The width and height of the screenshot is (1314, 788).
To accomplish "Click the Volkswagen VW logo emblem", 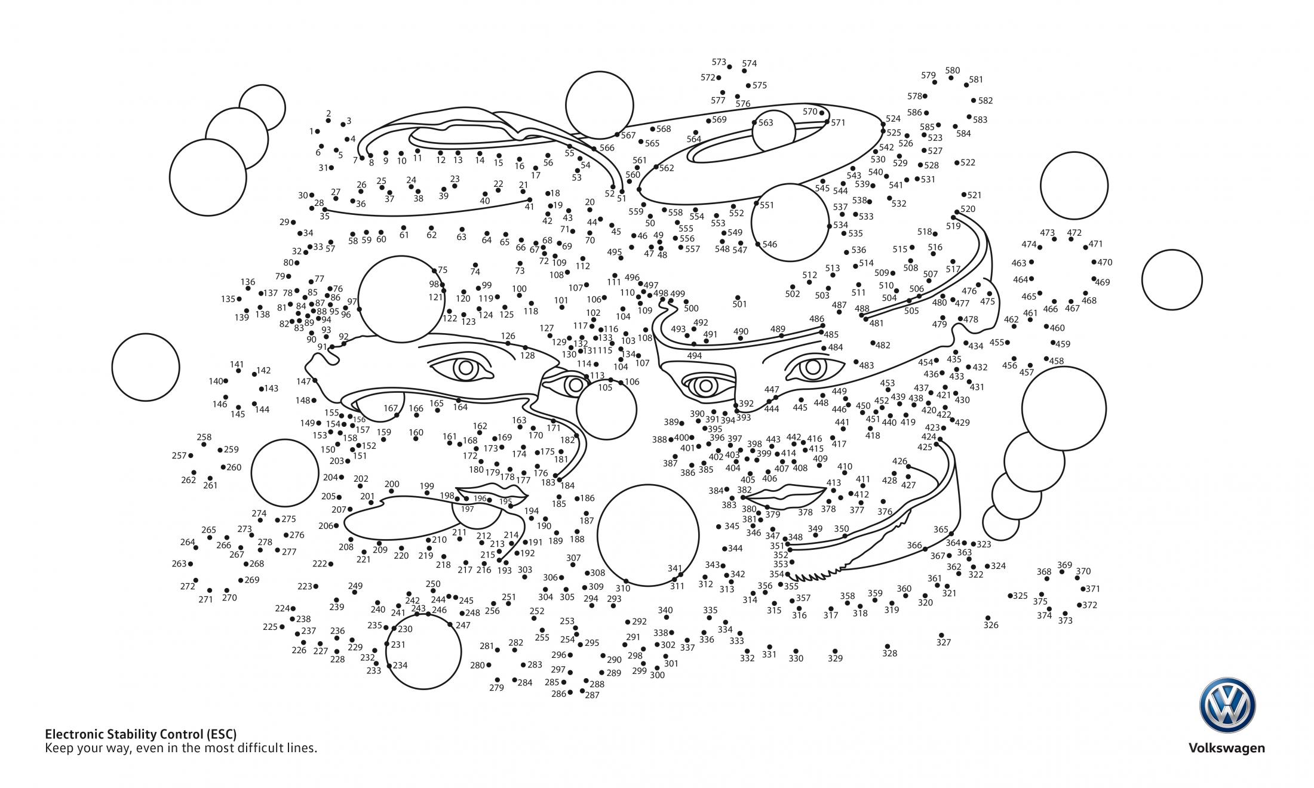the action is point(1227,705).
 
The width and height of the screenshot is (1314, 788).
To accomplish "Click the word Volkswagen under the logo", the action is point(1226,749).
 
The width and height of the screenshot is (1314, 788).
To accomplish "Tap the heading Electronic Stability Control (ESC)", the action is point(141,734).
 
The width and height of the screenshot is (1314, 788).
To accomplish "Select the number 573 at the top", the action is point(719,62).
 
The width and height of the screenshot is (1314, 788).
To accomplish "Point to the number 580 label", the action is point(953,70).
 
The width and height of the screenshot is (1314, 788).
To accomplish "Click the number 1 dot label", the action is point(311,131).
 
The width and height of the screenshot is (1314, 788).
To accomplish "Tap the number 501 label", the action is point(739,304).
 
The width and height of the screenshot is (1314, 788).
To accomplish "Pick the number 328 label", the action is point(890,653).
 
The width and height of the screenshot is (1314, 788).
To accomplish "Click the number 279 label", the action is point(496,688).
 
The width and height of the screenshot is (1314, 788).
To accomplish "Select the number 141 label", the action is point(237,364).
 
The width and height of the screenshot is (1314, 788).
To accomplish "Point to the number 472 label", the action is point(1074,233).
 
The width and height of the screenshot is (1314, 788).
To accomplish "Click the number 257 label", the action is point(179,455).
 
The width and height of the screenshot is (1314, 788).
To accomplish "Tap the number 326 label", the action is point(991,625).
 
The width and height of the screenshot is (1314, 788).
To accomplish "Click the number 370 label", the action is point(1083,571).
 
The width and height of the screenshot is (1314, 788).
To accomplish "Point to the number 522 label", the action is point(968,162).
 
